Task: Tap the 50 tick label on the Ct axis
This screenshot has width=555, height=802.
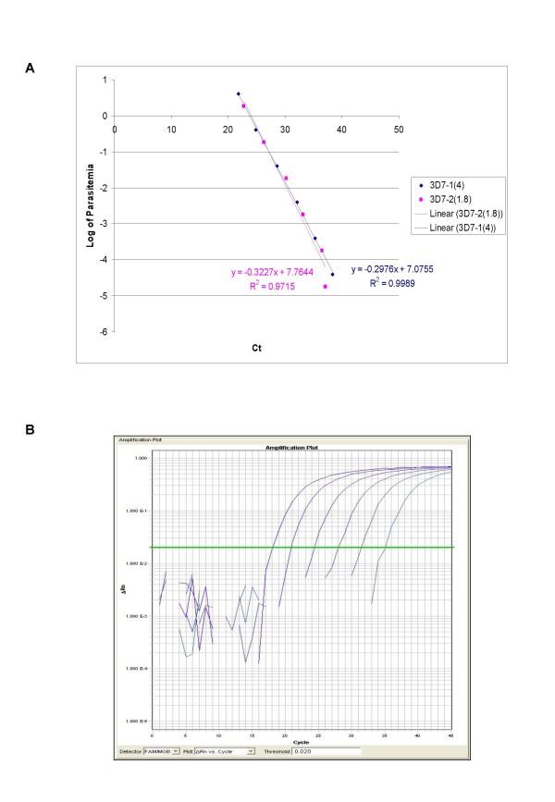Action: (398, 128)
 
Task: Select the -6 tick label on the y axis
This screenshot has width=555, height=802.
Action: (105, 331)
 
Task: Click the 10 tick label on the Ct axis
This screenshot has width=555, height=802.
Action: (171, 128)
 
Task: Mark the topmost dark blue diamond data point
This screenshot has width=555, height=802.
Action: (238, 93)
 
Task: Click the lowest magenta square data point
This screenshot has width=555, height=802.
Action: (325, 287)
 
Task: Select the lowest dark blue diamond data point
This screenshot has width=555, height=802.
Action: (332, 275)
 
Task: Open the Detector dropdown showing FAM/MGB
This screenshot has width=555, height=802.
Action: (164, 752)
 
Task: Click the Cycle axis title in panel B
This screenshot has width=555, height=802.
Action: (302, 743)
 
